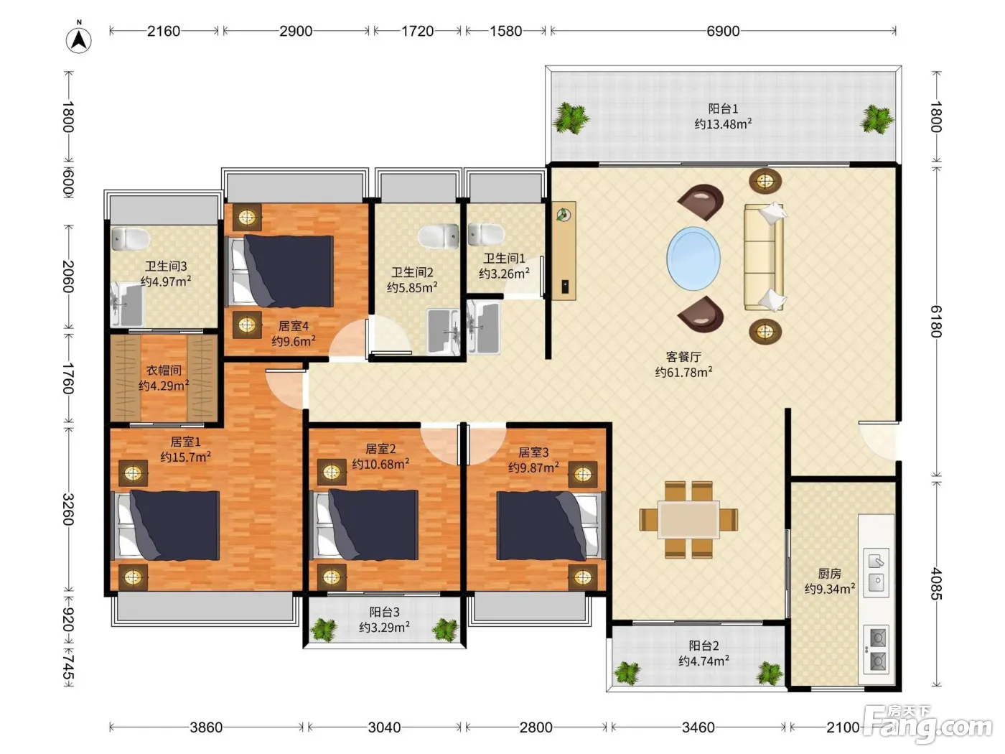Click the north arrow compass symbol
(x=79, y=39)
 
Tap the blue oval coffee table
(x=693, y=259)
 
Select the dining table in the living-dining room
(x=688, y=520)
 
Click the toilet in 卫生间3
(x=131, y=239)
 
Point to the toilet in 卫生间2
(x=439, y=236)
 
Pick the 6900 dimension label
(x=723, y=31)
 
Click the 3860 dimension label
(x=206, y=727)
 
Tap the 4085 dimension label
(x=936, y=584)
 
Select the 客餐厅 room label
(x=683, y=357)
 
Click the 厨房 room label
(x=829, y=574)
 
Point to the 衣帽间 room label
(x=164, y=370)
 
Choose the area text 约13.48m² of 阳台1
(x=723, y=124)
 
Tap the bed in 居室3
(x=551, y=525)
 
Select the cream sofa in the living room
(x=764, y=257)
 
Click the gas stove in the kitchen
(x=877, y=650)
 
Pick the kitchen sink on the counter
(x=877, y=573)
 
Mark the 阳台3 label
(x=384, y=612)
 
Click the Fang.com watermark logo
(x=930, y=726)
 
